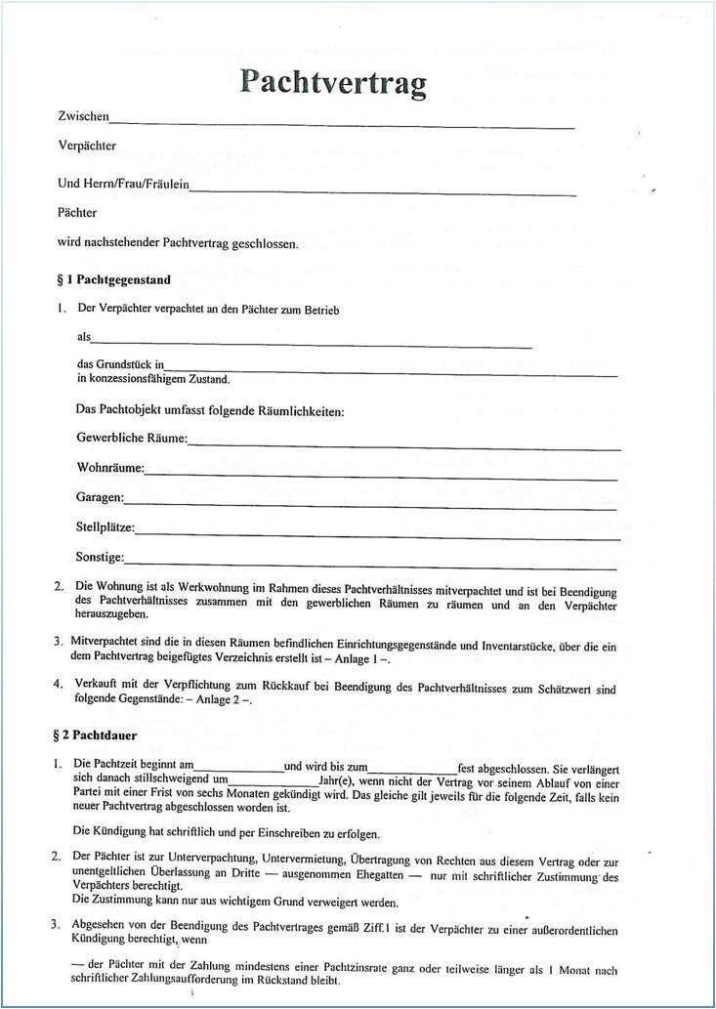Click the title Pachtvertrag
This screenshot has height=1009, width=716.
[x=333, y=83]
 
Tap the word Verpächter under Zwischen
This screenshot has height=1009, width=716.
[x=87, y=147]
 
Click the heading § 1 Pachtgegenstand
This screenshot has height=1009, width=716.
[x=114, y=280]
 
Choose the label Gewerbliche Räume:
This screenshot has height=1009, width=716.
[x=131, y=439]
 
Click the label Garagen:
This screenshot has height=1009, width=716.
[x=100, y=498]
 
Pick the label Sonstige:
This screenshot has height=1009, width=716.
[x=100, y=558]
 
